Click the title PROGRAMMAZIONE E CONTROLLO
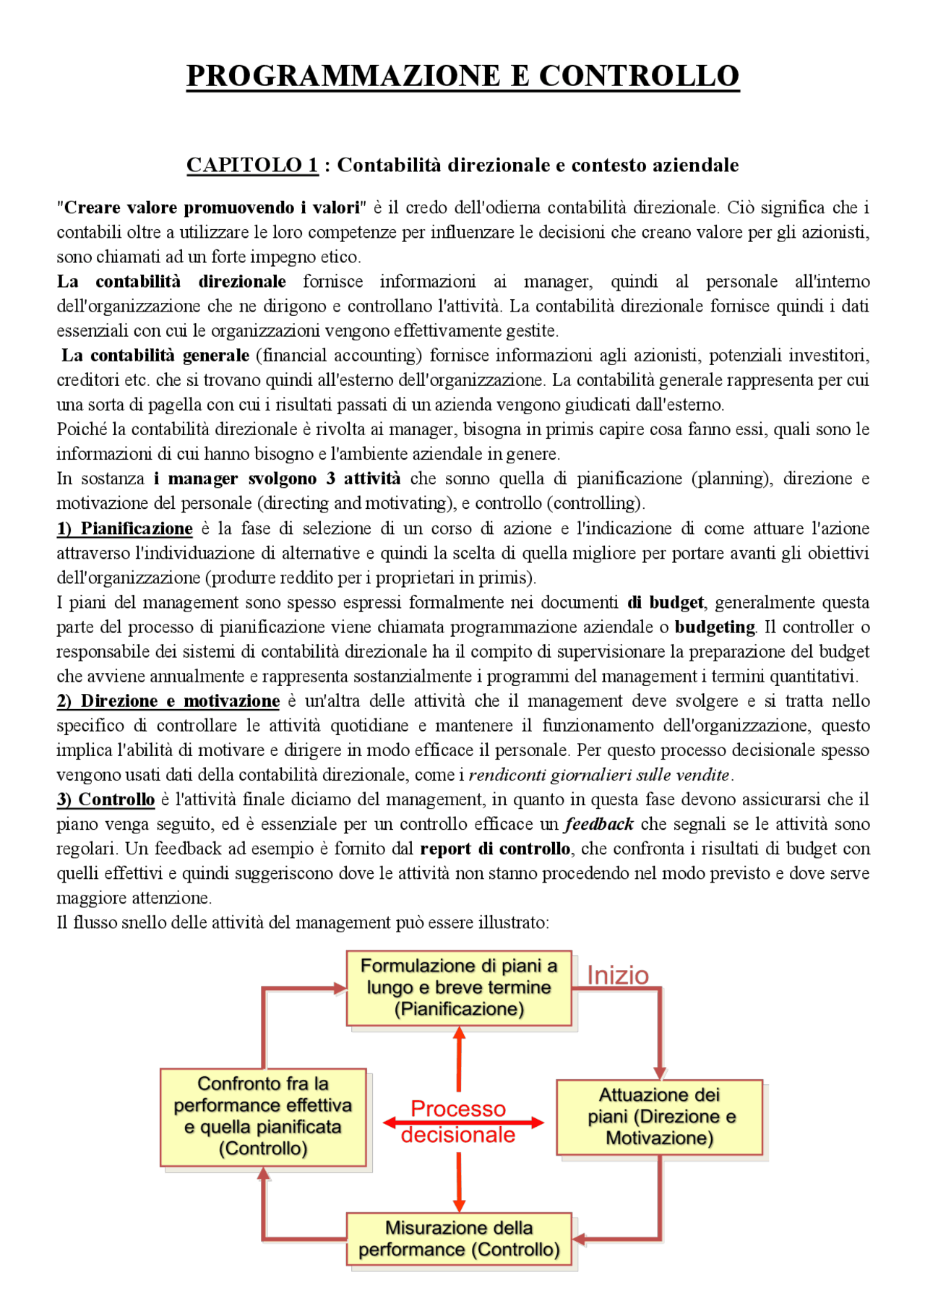coord(462,76)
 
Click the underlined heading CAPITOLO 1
coord(252,165)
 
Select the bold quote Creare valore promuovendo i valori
coord(212,207)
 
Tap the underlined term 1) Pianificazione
coord(125,528)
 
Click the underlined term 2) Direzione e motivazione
coord(168,700)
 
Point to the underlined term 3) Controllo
coord(106,799)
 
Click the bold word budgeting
coord(715,627)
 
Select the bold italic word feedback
coord(599,824)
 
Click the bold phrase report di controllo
coord(495,849)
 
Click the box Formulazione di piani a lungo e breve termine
coord(459,987)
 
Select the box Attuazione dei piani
coord(659,1117)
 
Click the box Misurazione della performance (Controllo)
coord(459,1238)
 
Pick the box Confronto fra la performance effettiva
coord(263,1116)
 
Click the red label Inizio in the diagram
coord(618,975)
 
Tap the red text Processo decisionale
coord(458,1122)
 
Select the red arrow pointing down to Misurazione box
coord(459,1182)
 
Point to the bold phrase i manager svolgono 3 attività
coord(277,478)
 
